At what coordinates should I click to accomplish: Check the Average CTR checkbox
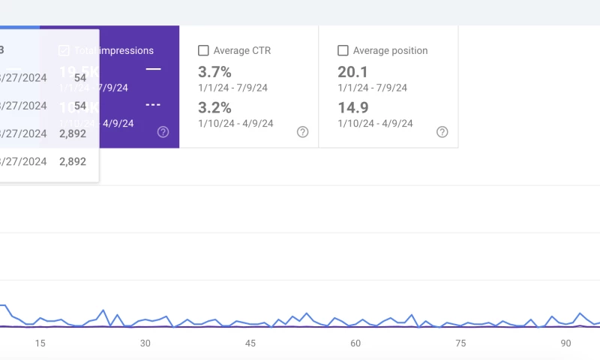click(x=203, y=51)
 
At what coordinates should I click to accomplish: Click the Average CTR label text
click(x=241, y=51)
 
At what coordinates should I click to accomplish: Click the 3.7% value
click(x=214, y=72)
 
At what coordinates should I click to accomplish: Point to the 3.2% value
click(x=214, y=107)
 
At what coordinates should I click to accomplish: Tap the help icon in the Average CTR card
click(x=302, y=132)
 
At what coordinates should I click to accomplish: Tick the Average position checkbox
click(x=343, y=51)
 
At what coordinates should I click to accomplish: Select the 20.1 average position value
click(x=352, y=72)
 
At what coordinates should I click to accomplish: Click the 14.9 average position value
click(x=352, y=107)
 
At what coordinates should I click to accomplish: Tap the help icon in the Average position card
click(x=442, y=132)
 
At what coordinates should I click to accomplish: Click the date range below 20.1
click(x=372, y=88)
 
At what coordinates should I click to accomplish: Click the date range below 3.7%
click(x=232, y=88)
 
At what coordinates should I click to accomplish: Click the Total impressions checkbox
click(x=64, y=51)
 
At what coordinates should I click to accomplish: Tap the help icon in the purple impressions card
click(x=163, y=132)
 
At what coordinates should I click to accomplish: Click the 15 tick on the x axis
click(x=40, y=343)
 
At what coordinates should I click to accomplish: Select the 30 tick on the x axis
click(x=145, y=343)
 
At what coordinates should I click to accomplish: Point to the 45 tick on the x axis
click(x=250, y=343)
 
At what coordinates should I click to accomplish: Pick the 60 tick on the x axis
click(x=355, y=343)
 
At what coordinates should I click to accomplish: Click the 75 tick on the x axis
click(x=460, y=343)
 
